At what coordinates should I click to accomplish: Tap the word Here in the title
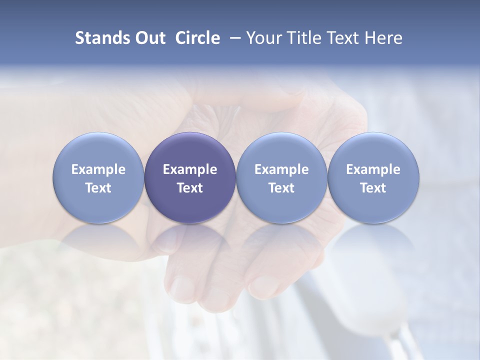[383, 38]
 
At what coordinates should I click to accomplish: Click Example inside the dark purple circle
[190, 169]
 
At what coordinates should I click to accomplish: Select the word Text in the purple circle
[190, 188]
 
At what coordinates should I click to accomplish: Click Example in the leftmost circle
[98, 169]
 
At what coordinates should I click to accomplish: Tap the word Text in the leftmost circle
[98, 188]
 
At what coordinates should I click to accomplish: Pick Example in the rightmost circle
[373, 169]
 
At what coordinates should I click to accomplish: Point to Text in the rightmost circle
[373, 188]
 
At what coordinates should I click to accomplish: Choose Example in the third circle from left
[281, 169]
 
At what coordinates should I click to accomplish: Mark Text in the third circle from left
[281, 188]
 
